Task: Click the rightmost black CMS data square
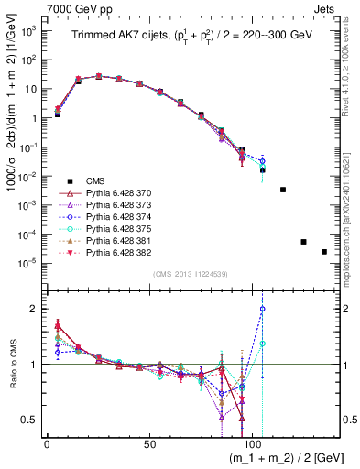(x=323, y=252)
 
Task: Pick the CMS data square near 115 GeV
(x=283, y=190)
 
